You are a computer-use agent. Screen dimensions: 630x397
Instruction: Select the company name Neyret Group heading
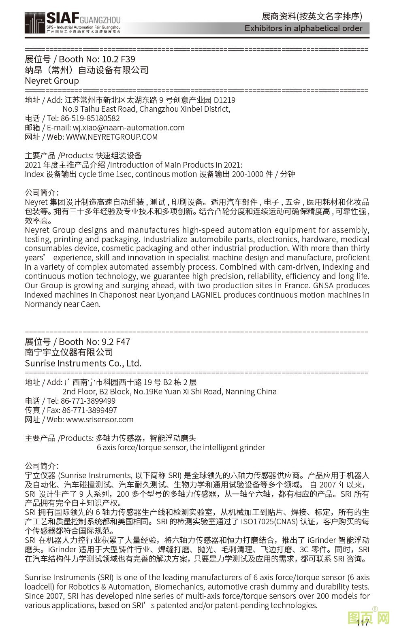pyautogui.click(x=52, y=81)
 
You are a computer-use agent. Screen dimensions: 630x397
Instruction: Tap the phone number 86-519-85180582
pyautogui.click(x=90, y=118)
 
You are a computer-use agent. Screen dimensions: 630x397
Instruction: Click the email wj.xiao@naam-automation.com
pyautogui.click(x=128, y=128)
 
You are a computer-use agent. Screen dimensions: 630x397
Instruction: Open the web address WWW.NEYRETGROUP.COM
pyautogui.click(x=112, y=137)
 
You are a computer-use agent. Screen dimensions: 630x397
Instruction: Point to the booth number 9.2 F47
pyautogui.click(x=116, y=342)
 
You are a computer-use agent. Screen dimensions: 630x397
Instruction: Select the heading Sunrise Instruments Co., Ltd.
pyautogui.click(x=83, y=363)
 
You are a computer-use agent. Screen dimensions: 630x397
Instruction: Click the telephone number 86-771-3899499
pyautogui.click(x=88, y=401)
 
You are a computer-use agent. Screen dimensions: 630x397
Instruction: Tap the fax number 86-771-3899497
pyautogui.click(x=90, y=410)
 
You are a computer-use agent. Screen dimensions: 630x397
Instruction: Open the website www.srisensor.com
pyautogui.click(x=100, y=419)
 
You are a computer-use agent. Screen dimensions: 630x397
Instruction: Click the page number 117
pyautogui.click(x=363, y=623)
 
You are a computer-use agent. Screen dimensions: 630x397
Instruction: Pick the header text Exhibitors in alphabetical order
pyautogui.click(x=303, y=28)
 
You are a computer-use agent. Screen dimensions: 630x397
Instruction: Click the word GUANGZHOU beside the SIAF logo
pyautogui.click(x=100, y=20)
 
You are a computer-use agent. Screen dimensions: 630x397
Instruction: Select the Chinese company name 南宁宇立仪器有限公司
pyautogui.click(x=69, y=352)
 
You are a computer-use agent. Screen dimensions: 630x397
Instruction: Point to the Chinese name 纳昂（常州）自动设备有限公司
pyautogui.click(x=87, y=70)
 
